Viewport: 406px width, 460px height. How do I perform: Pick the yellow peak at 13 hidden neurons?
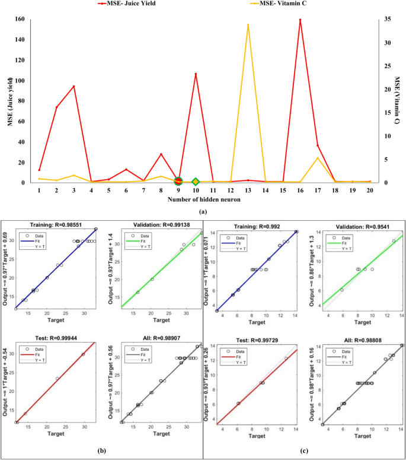pos(248,25)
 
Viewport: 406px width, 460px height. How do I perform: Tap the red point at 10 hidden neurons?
pos(196,74)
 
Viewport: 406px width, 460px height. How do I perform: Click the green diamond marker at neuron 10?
pos(196,182)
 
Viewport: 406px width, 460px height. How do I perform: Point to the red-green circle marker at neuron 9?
pos(178,181)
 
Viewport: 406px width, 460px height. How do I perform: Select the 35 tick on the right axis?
pos(384,19)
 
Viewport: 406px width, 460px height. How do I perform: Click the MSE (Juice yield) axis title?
pos(10,101)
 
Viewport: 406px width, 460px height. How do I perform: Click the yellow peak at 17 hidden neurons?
pos(318,157)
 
